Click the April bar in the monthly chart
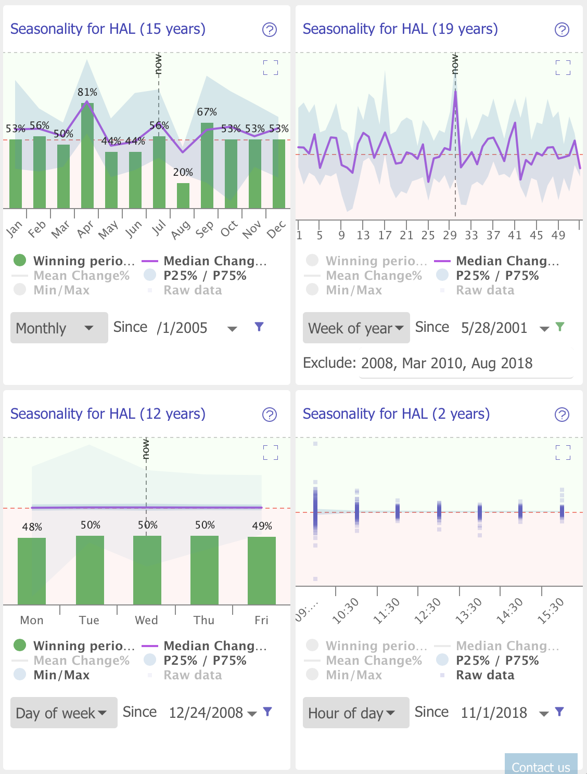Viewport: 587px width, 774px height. (x=87, y=156)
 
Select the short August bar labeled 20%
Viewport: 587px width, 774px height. (x=183, y=196)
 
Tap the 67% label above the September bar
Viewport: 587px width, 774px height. (x=207, y=112)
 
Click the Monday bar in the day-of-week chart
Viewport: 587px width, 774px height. (x=32, y=571)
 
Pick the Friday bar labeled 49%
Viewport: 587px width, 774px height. (x=262, y=570)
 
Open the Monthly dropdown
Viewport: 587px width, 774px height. (x=59, y=328)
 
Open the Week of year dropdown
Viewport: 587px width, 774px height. (x=356, y=328)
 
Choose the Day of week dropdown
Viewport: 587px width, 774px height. (x=63, y=713)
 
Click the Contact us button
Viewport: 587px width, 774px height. (x=541, y=766)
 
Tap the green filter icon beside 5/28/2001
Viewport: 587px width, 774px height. (x=560, y=327)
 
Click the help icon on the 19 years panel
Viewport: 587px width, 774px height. (x=562, y=30)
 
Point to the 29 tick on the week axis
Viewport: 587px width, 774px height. (x=450, y=235)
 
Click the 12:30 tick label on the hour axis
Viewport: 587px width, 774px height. (x=428, y=610)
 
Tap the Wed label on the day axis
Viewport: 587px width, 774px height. (x=146, y=620)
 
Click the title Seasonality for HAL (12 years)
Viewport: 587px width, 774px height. (x=108, y=414)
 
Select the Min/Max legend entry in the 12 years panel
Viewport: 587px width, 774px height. (x=61, y=675)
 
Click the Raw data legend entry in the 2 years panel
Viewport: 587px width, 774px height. (x=484, y=675)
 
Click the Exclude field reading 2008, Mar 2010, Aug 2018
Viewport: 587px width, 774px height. (x=446, y=363)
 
